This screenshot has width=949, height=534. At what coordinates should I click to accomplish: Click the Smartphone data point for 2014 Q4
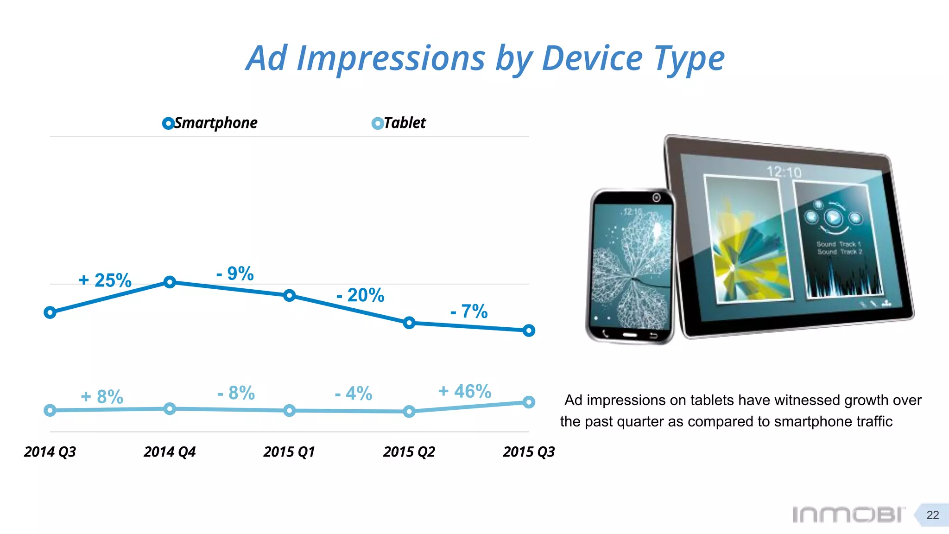170,282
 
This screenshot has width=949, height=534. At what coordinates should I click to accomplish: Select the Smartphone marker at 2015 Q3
529,331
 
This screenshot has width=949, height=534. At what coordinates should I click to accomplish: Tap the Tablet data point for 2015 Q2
409,411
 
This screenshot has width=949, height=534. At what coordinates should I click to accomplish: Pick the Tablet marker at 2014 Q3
50,410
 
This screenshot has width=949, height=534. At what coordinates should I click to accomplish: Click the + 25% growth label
105,280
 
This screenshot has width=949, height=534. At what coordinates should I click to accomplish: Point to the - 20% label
361,295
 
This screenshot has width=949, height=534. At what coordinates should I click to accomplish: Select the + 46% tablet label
465,391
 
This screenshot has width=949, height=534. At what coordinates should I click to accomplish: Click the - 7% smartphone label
469,311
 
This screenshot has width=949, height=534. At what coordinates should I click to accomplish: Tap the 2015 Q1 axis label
289,451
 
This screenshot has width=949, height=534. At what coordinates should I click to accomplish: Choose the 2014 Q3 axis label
50,451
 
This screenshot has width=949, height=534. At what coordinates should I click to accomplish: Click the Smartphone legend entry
210,123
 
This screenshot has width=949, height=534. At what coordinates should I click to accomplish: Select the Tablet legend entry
399,123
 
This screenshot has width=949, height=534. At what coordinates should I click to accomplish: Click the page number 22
932,515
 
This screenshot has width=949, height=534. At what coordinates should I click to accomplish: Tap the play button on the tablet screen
833,217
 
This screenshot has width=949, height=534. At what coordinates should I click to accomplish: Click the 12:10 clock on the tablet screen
784,172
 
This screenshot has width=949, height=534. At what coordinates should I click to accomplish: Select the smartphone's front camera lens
656,198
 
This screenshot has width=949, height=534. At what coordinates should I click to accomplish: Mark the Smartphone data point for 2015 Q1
289,295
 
